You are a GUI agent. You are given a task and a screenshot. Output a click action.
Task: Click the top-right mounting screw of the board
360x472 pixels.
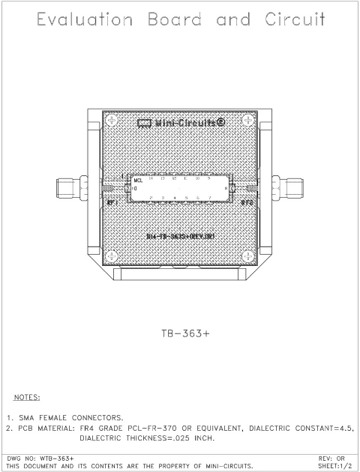(x=248, y=121)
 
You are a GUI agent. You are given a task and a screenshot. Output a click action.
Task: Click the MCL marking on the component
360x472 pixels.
(x=138, y=181)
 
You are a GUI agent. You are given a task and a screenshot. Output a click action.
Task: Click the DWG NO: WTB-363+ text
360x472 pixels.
(x=39, y=457)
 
